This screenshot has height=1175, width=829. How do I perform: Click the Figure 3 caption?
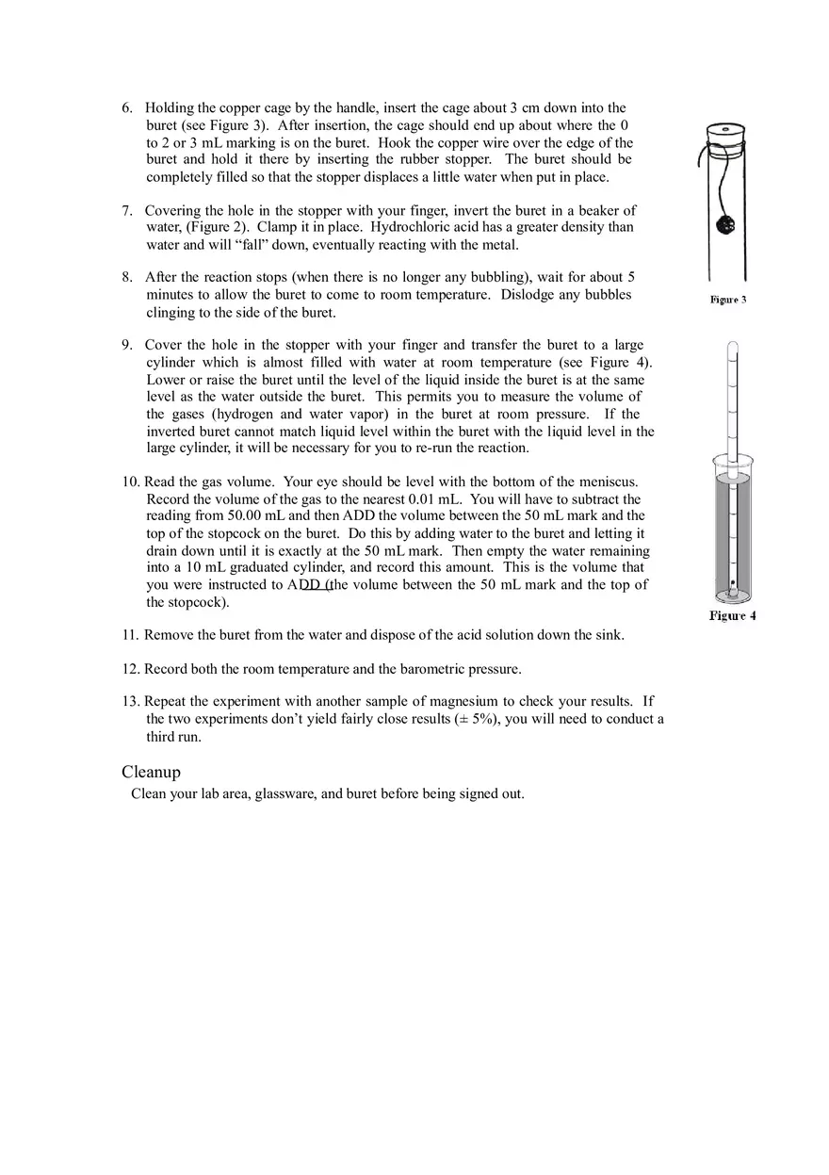click(728, 300)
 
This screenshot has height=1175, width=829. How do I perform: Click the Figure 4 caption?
click(732, 616)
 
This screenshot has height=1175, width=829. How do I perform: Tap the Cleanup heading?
click(151, 772)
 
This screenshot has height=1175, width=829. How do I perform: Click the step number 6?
click(127, 108)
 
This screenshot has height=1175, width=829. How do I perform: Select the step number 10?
click(130, 482)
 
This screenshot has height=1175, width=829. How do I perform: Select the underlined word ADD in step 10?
click(304, 585)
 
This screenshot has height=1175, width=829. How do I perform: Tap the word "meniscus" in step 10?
click(606, 482)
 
